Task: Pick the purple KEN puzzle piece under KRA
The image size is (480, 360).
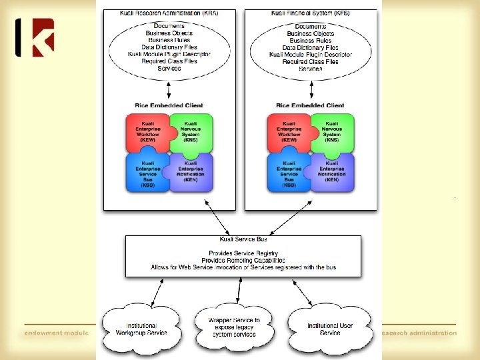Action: click(x=191, y=172)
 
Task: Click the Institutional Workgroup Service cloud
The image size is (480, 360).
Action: click(x=141, y=329)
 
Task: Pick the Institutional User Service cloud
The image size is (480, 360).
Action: click(x=330, y=329)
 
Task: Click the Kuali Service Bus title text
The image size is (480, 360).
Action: click(x=243, y=239)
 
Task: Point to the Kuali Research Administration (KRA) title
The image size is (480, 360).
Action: click(x=169, y=13)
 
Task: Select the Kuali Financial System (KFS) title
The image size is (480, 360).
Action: click(x=310, y=13)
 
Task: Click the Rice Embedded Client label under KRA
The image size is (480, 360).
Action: click(x=169, y=105)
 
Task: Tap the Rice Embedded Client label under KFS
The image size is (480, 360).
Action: click(x=310, y=105)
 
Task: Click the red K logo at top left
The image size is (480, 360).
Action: click(x=35, y=37)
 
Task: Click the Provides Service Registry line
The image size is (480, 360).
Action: click(x=243, y=253)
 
